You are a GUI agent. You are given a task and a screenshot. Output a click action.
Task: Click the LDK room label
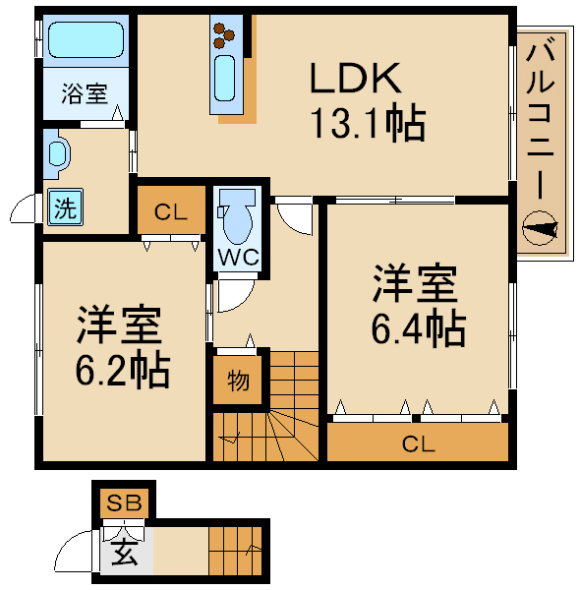coord(355,77)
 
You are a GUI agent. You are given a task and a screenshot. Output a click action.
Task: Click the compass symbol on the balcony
coord(541,231)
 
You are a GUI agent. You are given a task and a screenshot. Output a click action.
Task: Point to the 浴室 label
coord(84,94)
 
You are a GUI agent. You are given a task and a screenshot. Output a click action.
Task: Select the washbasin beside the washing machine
coord(58,152)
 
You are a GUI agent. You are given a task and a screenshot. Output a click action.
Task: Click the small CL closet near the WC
coord(171,210)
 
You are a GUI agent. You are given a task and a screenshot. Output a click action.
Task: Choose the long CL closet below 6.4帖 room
coord(418,443)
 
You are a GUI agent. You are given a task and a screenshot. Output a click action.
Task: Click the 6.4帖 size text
coord(417,329)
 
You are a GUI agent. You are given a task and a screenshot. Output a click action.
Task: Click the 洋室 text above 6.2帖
coord(120,324)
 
